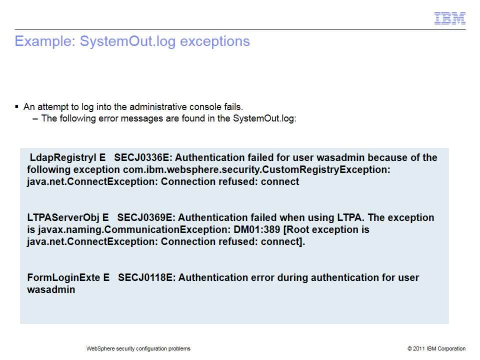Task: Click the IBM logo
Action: click(449, 18)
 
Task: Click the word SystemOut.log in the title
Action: click(128, 41)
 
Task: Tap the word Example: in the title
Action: click(45, 41)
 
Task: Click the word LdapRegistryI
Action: click(63, 158)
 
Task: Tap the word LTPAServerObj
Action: click(63, 217)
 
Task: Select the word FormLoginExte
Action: click(63, 277)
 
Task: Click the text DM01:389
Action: click(257, 229)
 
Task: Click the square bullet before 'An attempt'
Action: click(17, 106)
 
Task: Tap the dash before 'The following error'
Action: click(35, 119)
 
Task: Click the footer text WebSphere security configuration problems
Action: click(138, 348)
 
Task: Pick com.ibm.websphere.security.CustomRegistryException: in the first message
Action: click(257, 170)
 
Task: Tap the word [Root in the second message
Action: click(296, 230)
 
